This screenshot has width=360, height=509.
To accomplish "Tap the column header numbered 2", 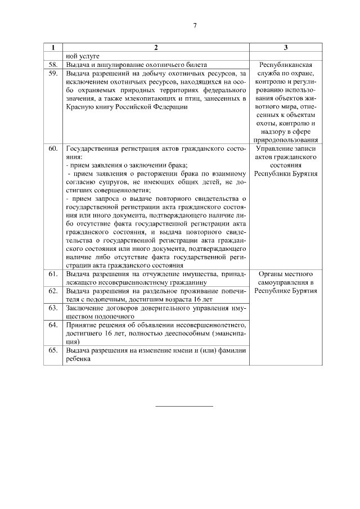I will tap(156, 48).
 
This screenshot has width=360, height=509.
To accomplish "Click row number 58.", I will tap(53, 65).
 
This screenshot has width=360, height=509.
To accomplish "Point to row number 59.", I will tap(53, 73).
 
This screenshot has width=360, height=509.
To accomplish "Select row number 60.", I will tap(53, 148).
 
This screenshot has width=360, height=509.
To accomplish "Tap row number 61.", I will tap(53, 274).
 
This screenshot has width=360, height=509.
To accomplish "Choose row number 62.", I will tap(53, 291).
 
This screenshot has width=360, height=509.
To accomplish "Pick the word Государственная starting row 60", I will tap(91, 148).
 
